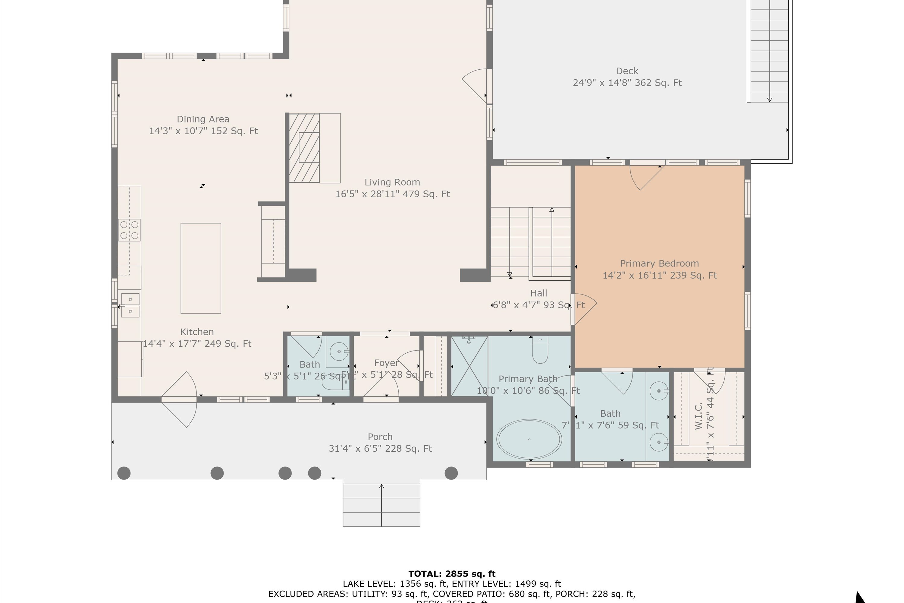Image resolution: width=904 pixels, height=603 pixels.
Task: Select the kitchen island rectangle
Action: (201, 268)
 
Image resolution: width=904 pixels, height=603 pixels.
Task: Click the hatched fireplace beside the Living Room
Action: (304, 148)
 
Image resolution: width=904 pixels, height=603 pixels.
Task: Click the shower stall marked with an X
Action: (469, 366)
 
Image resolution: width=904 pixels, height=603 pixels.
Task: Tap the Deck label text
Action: (626, 71)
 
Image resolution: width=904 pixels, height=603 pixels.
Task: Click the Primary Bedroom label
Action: (659, 264)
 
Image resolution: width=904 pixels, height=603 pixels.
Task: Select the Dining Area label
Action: (203, 119)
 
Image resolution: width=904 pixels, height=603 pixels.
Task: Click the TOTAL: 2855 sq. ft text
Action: (452, 574)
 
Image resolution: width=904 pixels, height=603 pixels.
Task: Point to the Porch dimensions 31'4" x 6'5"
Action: (380, 448)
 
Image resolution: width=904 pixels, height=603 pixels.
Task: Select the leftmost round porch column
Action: (124, 473)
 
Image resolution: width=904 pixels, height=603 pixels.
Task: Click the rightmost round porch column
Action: (451, 473)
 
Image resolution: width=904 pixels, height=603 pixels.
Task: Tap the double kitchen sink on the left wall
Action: (130, 305)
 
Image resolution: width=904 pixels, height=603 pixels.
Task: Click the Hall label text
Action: (538, 293)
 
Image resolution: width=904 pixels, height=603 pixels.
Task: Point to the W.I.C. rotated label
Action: (699, 416)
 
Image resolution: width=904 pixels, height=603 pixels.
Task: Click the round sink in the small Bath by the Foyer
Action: (339, 352)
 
